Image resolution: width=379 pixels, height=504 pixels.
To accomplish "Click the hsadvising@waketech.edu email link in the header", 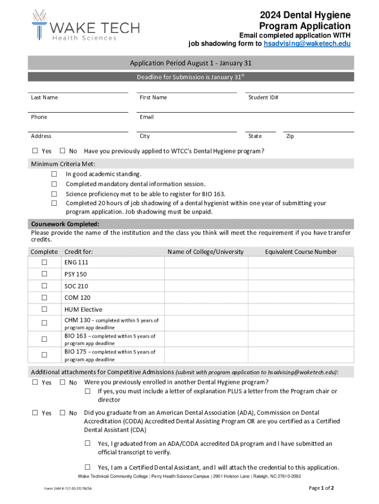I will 307,44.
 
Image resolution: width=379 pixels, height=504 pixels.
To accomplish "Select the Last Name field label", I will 44,97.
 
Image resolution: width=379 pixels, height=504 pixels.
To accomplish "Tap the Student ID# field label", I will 263,97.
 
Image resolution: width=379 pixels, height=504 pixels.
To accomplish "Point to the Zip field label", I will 290,136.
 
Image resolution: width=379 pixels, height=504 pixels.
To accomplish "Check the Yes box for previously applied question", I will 35,151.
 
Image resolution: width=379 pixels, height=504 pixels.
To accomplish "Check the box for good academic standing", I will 54,174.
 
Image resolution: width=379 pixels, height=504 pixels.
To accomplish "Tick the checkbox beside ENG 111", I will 44,262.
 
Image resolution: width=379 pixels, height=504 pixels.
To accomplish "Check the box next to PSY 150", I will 44,274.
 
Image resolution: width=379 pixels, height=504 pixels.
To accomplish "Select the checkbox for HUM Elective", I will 44,309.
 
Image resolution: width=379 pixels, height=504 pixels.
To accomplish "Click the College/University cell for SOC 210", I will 206,286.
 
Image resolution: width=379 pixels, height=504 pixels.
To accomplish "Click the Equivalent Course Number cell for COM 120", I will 300,298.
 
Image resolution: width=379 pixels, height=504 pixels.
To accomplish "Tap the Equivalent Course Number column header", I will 300,252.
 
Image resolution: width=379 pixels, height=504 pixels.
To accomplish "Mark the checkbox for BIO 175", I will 44,355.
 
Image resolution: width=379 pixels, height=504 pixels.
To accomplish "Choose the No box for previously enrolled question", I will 63,382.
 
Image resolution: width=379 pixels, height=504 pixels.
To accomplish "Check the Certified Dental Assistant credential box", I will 88,467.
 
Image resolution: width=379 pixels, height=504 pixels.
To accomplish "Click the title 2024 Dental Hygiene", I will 305,15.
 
